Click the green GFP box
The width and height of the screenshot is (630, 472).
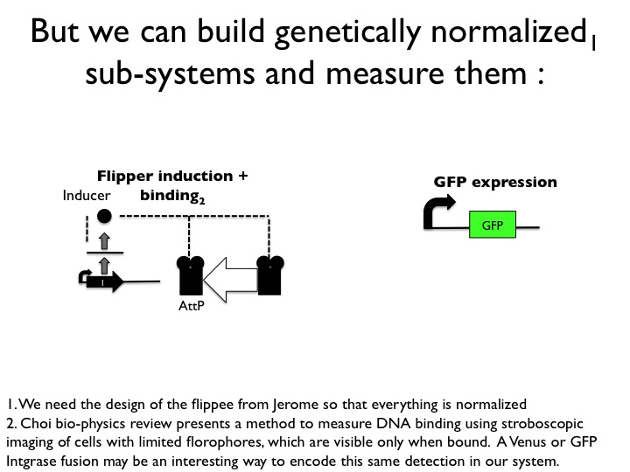pos(492,225)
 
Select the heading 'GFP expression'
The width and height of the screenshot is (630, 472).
pos(495,183)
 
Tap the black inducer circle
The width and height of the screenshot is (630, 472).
pos(104,215)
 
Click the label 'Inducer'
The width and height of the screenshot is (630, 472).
pos(87,197)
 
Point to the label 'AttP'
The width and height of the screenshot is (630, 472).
pos(190,307)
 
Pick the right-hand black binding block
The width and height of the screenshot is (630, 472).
pos(269,275)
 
